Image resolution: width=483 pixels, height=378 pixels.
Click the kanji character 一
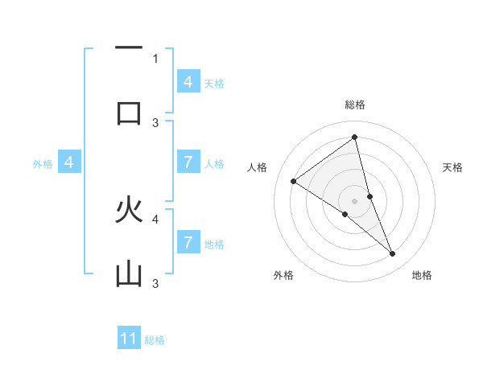pyautogui.click(x=129, y=49)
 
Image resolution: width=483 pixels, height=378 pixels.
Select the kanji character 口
pyautogui.click(x=129, y=112)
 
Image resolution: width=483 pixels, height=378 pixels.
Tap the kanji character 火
pyautogui.click(x=129, y=210)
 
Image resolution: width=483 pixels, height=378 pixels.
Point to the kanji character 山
pyautogui.click(x=129, y=275)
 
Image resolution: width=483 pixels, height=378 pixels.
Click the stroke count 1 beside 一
pyautogui.click(x=155, y=58)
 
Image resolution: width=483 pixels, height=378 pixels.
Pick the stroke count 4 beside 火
pyautogui.click(x=155, y=218)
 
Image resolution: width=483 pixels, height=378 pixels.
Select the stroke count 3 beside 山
pyautogui.click(x=155, y=283)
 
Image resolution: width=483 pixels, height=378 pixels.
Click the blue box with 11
pyautogui.click(x=129, y=339)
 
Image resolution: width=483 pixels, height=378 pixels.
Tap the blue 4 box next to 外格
pyautogui.click(x=69, y=163)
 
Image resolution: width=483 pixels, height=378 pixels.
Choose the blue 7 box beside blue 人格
pyautogui.click(x=188, y=163)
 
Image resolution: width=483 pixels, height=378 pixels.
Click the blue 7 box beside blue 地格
pyautogui.click(x=188, y=243)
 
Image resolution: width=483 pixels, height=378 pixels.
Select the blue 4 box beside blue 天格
pyautogui.click(x=188, y=82)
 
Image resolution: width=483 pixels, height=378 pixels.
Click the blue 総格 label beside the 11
pyautogui.click(x=155, y=340)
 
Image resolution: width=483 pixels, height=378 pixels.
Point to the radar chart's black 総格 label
pyautogui.click(x=354, y=105)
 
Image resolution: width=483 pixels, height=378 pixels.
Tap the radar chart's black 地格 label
pyautogui.click(x=422, y=276)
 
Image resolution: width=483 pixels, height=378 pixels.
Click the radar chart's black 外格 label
pyautogui.click(x=283, y=276)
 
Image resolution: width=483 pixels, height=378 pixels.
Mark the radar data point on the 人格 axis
pyautogui.click(x=293, y=181)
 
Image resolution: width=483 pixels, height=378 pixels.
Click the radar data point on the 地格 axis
pyautogui.click(x=392, y=253)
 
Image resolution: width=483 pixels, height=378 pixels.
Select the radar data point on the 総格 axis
pyautogui.click(x=354, y=138)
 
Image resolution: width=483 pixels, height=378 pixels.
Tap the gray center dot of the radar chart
pyautogui.click(x=354, y=200)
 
